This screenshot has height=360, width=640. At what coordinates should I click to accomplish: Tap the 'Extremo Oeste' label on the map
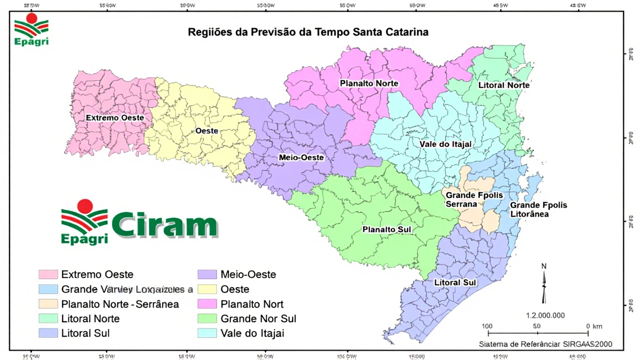click(x=115, y=117)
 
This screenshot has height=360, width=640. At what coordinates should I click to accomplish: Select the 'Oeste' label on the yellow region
click(x=206, y=130)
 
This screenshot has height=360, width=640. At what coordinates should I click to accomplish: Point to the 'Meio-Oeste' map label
click(x=301, y=157)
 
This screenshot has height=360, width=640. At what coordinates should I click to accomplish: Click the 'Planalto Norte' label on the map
click(x=369, y=83)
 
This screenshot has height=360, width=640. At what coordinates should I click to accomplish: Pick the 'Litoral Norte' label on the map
click(x=503, y=85)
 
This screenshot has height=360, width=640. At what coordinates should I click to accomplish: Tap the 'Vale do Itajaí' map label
click(x=445, y=144)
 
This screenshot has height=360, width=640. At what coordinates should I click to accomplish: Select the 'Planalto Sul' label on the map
click(x=386, y=229)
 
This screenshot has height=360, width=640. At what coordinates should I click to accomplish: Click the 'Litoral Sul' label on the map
click(x=455, y=282)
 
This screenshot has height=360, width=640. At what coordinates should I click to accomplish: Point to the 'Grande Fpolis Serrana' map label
click(x=467, y=199)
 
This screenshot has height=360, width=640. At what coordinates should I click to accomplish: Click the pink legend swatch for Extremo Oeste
click(x=47, y=274)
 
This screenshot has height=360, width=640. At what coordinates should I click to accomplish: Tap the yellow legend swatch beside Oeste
click(x=207, y=289)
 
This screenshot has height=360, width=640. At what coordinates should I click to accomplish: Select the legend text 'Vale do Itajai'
click(x=252, y=333)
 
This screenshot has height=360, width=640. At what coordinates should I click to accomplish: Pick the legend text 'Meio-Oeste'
click(x=248, y=274)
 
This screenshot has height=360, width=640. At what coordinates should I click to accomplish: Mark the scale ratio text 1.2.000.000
click(x=545, y=315)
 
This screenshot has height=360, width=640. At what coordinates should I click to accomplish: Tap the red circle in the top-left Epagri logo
click(x=32, y=19)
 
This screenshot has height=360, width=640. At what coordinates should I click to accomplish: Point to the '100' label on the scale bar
click(x=487, y=326)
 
